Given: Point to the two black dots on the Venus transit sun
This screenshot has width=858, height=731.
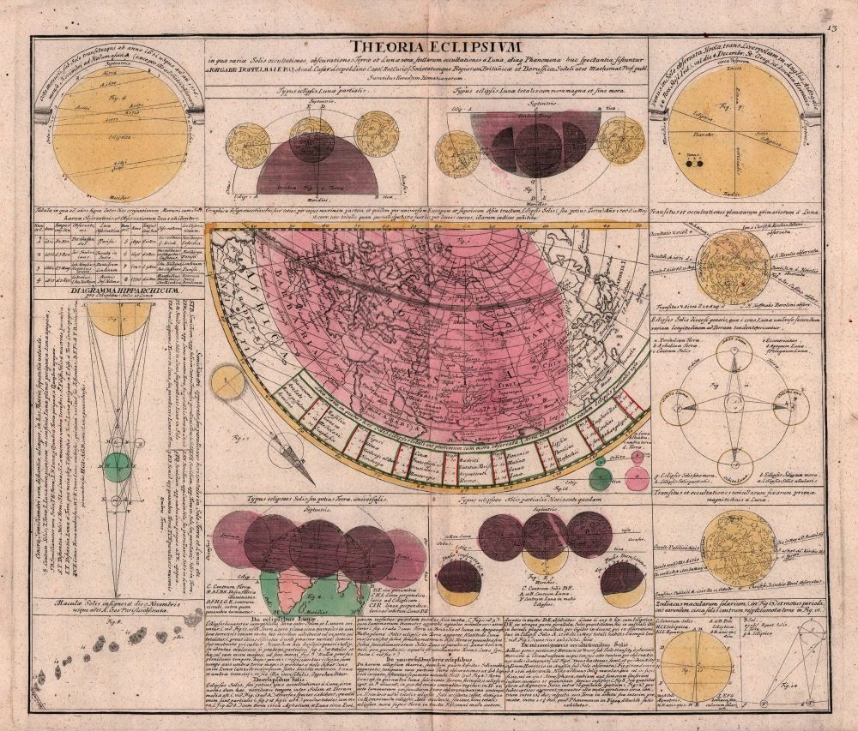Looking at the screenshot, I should [694, 163].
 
